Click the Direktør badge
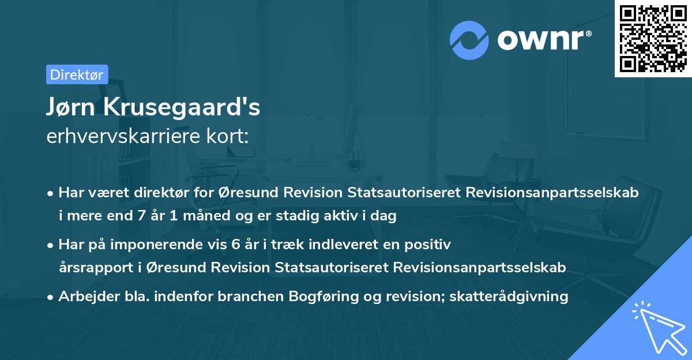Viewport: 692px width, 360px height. tap(77, 74)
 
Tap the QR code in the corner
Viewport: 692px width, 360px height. tap(652, 39)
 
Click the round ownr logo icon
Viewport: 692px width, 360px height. tap(469, 40)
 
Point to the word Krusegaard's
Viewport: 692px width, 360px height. tap(184, 107)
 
